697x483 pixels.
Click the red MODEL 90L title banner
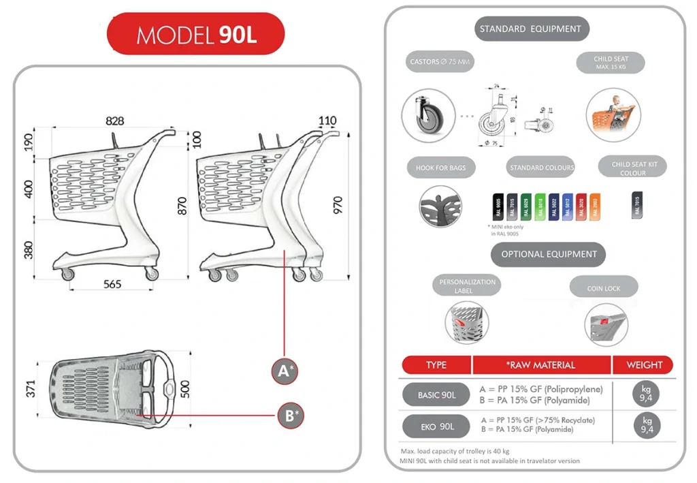[195, 34]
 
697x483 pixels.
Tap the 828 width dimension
[114, 121]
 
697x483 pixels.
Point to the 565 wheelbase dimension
[112, 284]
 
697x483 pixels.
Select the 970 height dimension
[338, 204]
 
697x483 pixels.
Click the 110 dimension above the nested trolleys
[327, 121]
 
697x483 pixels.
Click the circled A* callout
[285, 371]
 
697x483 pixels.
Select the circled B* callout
[291, 415]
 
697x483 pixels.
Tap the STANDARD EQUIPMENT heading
[530, 29]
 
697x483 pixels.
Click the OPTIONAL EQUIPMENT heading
[549, 254]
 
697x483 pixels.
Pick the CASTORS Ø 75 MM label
[440, 62]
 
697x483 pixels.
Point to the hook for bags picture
[441, 206]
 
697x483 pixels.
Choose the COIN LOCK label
[604, 288]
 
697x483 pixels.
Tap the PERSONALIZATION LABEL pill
[467, 286]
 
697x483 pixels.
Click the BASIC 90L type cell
[436, 394]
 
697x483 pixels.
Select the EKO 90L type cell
[436, 426]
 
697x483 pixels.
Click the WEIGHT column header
[644, 365]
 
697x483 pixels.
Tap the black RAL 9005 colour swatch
[498, 206]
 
